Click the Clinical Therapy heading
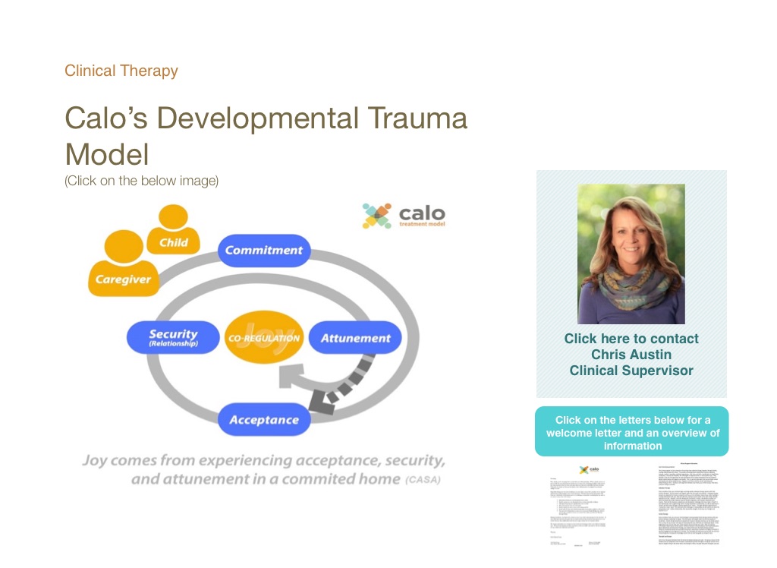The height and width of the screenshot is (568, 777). pyautogui.click(x=121, y=71)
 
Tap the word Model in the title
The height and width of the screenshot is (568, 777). pyautogui.click(x=107, y=154)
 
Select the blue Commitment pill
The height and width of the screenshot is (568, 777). pyautogui.click(x=263, y=251)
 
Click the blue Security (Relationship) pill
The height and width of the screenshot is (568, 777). pyautogui.click(x=173, y=338)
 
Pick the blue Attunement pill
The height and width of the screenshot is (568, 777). pyautogui.click(x=355, y=338)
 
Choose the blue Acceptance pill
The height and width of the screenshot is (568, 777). pyautogui.click(x=264, y=420)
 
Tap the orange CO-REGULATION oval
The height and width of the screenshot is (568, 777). pyautogui.click(x=264, y=338)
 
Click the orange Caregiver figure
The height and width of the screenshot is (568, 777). pyautogui.click(x=123, y=266)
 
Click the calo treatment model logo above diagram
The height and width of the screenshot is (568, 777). pyautogui.click(x=403, y=215)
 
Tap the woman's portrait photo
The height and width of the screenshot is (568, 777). pyautogui.click(x=631, y=254)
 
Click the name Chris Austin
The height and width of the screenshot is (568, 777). pyautogui.click(x=631, y=355)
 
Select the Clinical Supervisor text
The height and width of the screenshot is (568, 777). pyautogui.click(x=631, y=371)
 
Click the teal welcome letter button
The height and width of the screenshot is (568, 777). pyautogui.click(x=631, y=432)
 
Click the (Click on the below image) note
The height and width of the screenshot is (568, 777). pyautogui.click(x=142, y=181)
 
